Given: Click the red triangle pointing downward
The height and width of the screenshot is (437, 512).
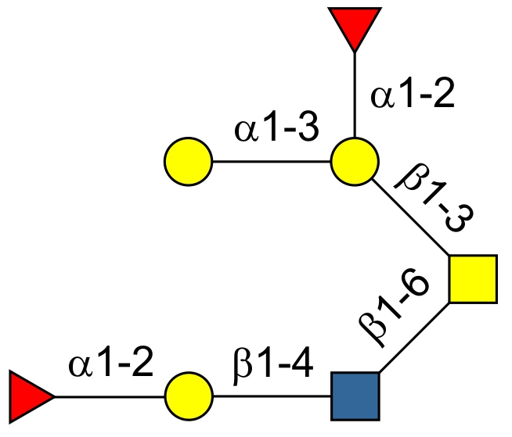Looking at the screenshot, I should pos(355,26).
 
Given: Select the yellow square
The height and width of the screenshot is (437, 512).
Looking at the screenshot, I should pos(473,279).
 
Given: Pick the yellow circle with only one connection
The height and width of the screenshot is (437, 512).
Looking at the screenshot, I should pos(188,163).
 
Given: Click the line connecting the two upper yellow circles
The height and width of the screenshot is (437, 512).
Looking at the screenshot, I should pos(271,163).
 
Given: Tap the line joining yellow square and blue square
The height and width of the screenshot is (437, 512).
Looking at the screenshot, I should pos(415,337).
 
